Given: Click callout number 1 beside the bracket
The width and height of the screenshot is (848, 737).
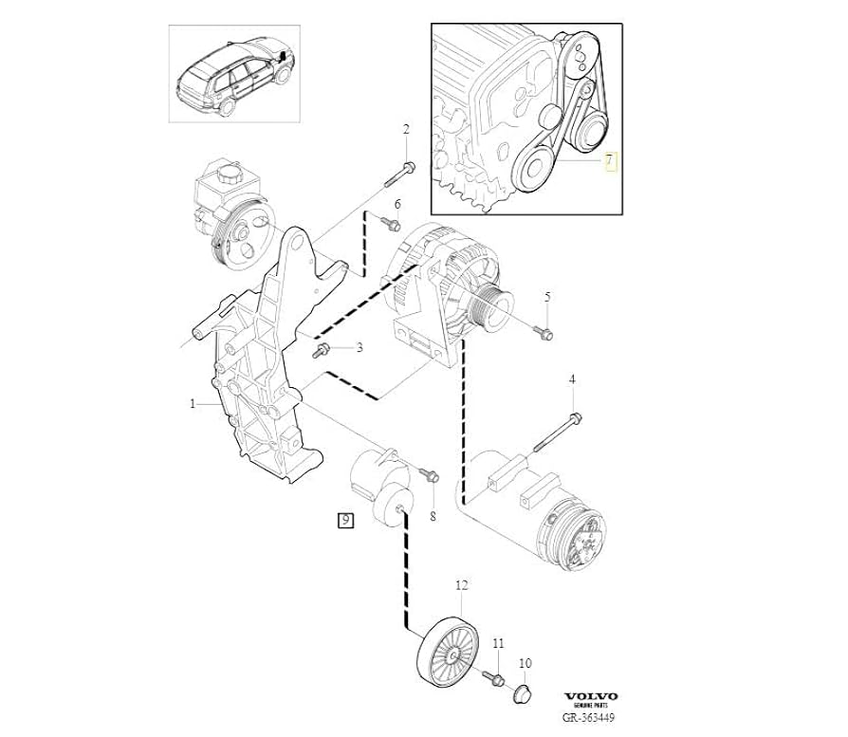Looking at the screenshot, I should point(193,403).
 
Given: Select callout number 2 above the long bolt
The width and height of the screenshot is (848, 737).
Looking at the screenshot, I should point(406,130).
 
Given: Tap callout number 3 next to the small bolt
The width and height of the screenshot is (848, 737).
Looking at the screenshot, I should point(359,348).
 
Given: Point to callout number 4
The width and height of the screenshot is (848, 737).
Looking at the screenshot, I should point(572,380).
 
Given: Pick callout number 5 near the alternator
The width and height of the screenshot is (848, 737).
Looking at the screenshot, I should point(547,298).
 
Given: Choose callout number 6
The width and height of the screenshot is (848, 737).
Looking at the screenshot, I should point(397,205).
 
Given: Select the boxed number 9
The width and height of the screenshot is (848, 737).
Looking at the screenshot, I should point(344,520).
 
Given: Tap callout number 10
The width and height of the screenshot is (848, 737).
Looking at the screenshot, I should point(525,663).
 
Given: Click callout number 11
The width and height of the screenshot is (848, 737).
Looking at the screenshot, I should point(498,645).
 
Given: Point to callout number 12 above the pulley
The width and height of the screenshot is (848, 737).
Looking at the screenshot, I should point(462,586).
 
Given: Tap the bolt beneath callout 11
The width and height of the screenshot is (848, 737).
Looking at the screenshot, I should point(494,677).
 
